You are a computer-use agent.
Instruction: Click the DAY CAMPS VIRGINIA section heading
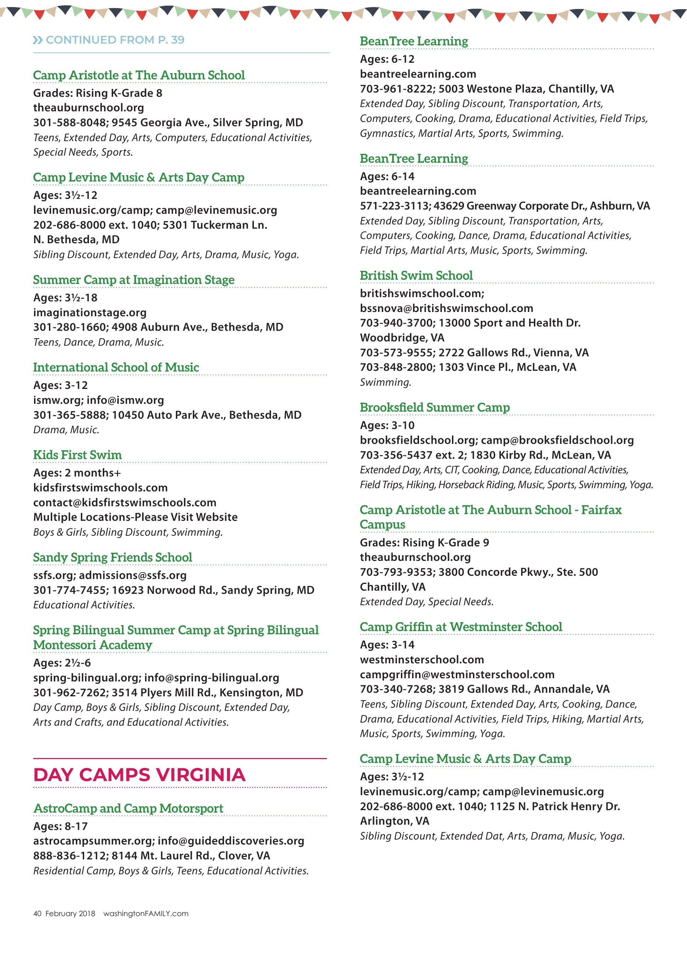tap(139, 775)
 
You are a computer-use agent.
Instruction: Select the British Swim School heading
tap(416, 275)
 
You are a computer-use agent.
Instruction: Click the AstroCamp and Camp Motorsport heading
tap(128, 808)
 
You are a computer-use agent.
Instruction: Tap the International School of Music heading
tap(116, 367)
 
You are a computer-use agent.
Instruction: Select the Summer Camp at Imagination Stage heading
tap(134, 279)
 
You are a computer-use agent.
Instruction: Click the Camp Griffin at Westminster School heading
tap(460, 626)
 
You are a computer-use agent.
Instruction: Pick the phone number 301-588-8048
tap(69, 123)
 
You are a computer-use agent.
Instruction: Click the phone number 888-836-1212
tap(69, 856)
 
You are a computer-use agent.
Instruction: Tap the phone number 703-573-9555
tap(396, 352)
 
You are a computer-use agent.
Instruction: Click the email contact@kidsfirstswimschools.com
tap(125, 502)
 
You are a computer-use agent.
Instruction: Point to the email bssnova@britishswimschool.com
tap(446, 308)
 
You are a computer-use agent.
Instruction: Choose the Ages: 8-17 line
tap(61, 826)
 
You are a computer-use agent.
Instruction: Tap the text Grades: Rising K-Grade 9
tap(424, 542)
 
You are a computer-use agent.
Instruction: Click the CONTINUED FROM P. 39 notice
tap(109, 40)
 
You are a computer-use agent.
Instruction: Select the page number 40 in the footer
tap(37, 914)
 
